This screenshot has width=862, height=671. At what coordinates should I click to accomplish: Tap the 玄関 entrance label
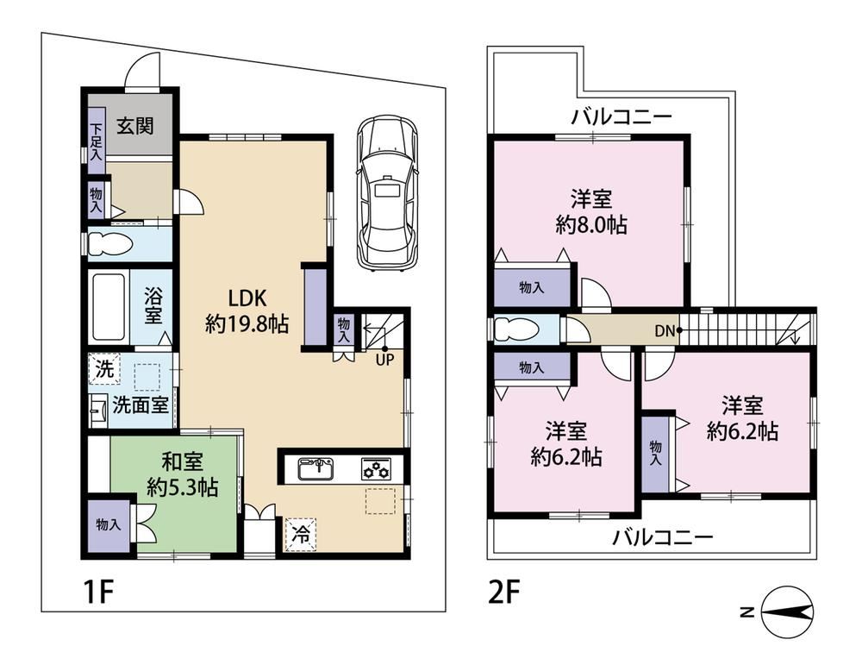pos(134,126)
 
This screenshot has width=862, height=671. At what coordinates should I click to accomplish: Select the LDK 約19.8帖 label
pos(247,310)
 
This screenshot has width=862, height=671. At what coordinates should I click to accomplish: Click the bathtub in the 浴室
pos(109,306)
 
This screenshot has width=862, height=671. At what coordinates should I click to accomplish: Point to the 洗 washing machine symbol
pos(104,369)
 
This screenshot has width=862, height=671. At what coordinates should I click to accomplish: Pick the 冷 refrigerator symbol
pos(300,534)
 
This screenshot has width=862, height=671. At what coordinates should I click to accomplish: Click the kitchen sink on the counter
pos(315,469)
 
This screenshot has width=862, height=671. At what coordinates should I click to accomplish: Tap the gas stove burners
pos(377,468)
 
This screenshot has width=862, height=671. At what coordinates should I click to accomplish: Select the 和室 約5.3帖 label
pos(183,474)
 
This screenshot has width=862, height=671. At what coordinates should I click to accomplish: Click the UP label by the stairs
pos(384,361)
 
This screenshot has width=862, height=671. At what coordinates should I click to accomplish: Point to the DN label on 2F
pos(665,331)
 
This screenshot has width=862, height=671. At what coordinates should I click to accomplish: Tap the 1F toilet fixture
pos(111,244)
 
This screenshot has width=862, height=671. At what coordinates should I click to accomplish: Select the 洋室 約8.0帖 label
pos(591,212)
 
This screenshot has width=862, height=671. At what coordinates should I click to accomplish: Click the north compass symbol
pos(787,612)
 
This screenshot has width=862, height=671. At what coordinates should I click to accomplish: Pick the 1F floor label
pos(98,592)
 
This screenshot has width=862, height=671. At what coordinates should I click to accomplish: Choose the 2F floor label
pos(503,592)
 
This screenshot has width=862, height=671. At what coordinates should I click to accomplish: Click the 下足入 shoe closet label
pos(97,141)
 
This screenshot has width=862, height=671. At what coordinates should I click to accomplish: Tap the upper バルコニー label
pos(622,117)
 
